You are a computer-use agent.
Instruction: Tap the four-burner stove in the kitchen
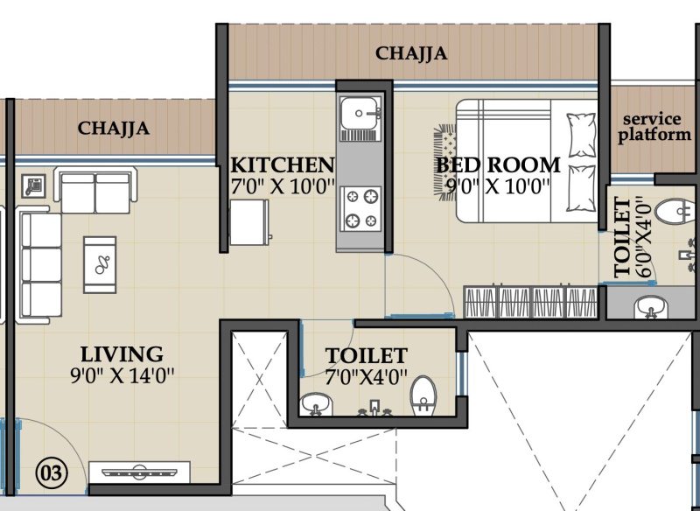coord(361,209)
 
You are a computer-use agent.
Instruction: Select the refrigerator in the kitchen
coord(249,221)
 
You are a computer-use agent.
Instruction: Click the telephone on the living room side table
coord(33,186)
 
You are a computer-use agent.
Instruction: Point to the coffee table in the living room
coord(100,264)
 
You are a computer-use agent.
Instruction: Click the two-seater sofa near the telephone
coord(95,190)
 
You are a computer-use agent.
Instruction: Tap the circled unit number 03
coord(52,473)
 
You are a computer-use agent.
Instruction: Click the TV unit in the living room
coord(139,472)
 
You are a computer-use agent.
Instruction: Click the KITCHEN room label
coord(282,165)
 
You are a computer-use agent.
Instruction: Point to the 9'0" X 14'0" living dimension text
coord(122,375)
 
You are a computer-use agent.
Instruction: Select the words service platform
coord(654,127)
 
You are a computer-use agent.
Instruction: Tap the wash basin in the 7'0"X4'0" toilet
coord(316,404)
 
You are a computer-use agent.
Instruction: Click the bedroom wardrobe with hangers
coord(530,301)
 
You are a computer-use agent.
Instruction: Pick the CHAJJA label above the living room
coord(114,129)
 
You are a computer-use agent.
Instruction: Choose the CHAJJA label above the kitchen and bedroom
coord(411,53)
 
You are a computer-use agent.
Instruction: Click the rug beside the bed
coord(445,162)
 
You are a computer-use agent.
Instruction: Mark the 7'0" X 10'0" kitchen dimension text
coord(283,186)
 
